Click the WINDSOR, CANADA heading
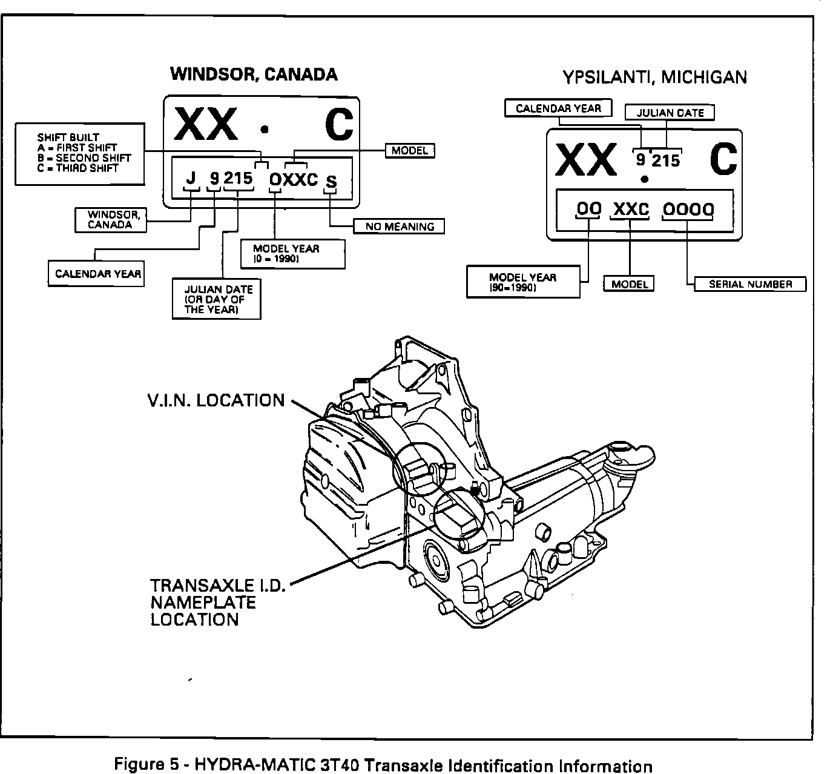pos(254,74)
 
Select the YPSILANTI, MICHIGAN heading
pos(654,78)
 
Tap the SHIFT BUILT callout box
pos(80,153)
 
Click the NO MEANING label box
pos(399,227)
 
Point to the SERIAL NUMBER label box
pos(750,284)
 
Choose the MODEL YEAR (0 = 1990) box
pos(292,254)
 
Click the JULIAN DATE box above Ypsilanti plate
pos(670,113)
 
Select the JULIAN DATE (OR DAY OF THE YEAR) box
pos(217,299)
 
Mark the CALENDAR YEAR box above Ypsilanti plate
pos(558,108)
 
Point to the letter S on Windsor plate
pos(331,182)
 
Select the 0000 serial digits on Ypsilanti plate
pos(687,210)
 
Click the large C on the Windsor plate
pos(338,126)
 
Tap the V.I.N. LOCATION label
pos(216,400)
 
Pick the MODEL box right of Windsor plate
pos(410,151)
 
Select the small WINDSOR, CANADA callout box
pos(110,220)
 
